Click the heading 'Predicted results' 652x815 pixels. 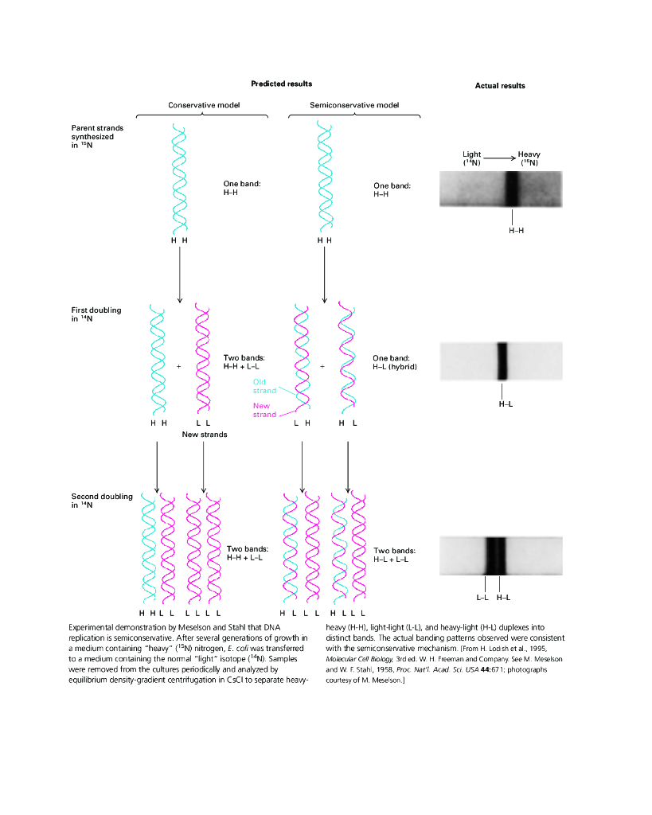pos(281,84)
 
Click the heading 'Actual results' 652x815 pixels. pos(500,86)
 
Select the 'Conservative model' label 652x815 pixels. pos(204,105)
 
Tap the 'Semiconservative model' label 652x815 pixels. pos(354,105)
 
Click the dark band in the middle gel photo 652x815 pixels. pos(502,361)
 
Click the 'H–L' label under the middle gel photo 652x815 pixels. pos(506,404)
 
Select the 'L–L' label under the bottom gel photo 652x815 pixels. pos(482,597)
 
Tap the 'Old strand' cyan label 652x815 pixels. pos(264,386)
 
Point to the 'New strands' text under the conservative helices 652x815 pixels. pos(205,435)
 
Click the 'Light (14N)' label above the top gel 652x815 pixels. pos(472,158)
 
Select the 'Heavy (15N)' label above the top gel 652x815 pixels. pos(529,158)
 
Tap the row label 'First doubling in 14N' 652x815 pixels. pos(96,314)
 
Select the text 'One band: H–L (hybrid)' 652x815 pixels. pos(395,362)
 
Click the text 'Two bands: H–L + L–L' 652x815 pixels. pos(395,555)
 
